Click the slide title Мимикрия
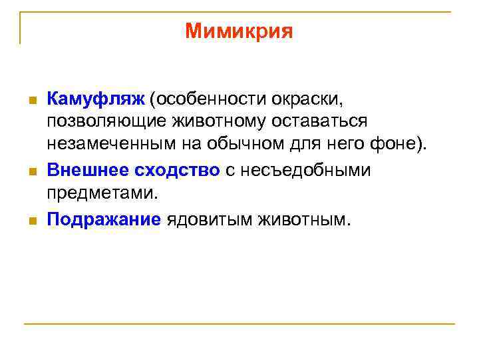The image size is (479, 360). (x=239, y=31)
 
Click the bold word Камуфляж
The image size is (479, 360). (x=95, y=99)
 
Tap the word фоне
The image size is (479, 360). (x=400, y=146)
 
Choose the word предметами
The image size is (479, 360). (x=103, y=193)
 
